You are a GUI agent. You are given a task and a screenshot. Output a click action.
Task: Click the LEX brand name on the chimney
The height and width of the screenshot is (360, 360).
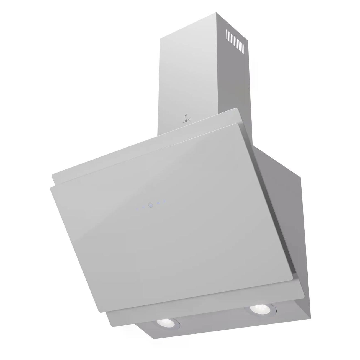coord(186,121)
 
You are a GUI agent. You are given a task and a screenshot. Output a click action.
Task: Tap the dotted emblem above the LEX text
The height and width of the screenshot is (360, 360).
coord(186,117)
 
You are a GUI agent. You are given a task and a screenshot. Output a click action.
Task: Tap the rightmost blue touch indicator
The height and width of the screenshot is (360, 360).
coord(164,201)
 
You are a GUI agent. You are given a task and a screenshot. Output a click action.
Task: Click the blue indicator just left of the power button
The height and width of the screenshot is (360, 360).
coord(143,207)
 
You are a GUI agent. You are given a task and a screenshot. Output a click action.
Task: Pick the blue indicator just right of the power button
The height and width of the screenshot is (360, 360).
coord(158,203)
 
